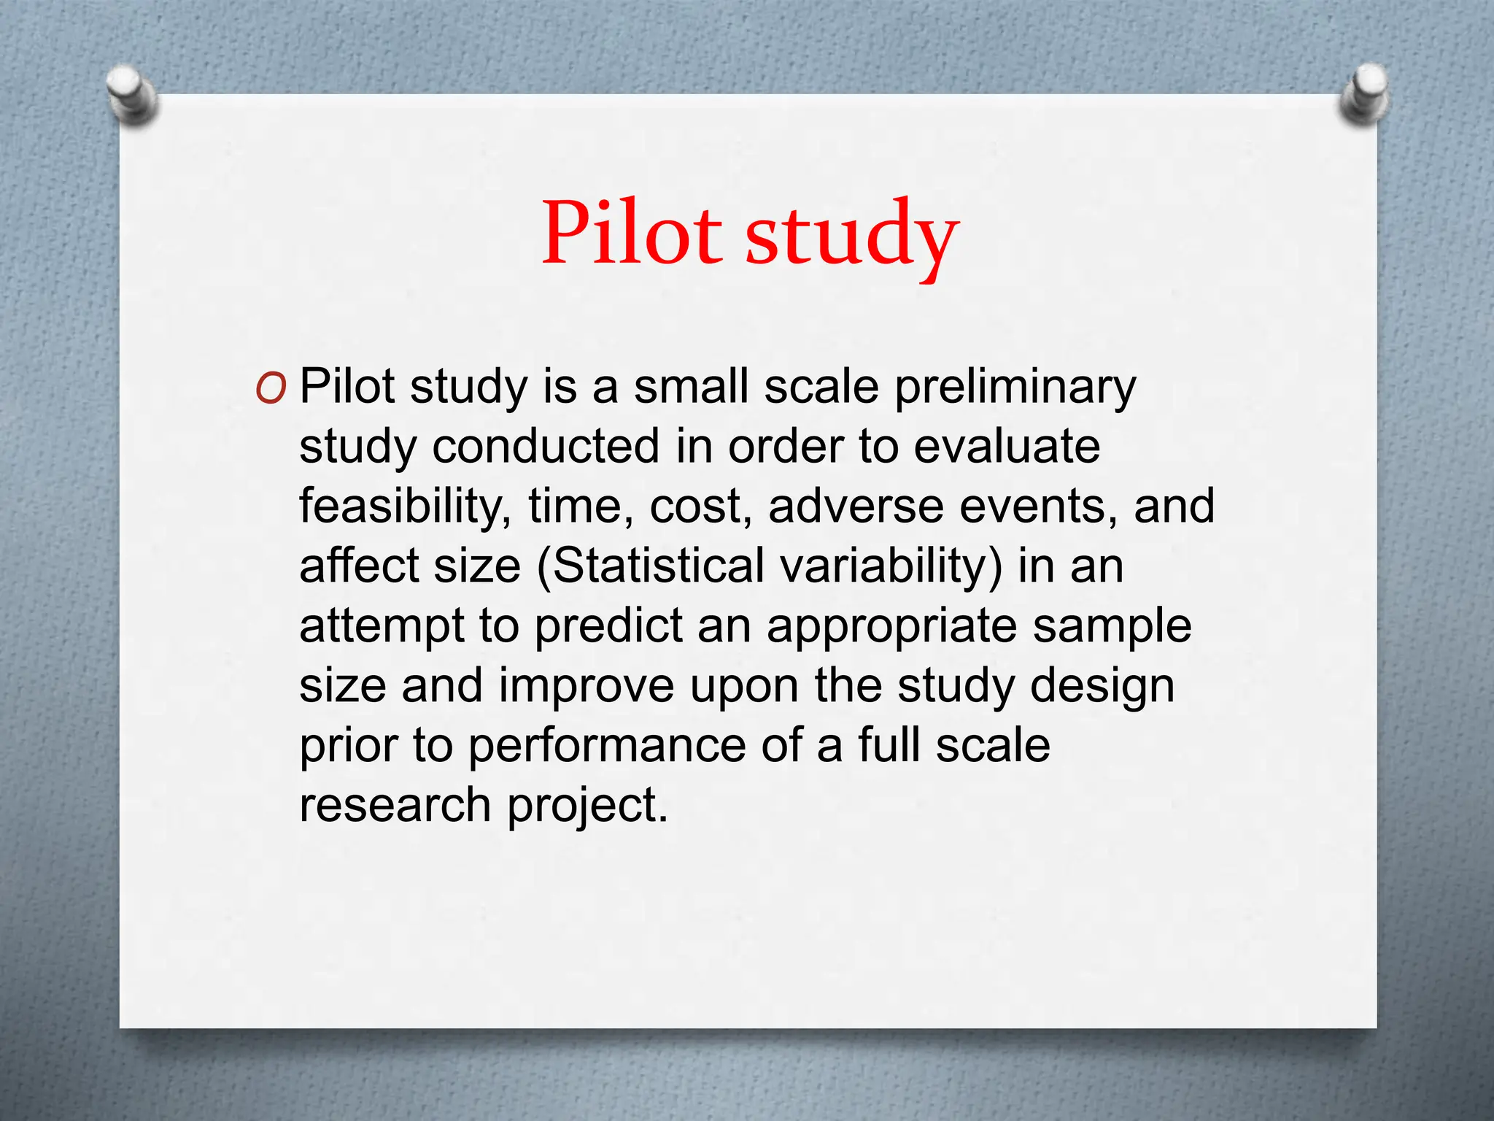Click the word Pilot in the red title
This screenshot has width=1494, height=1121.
coord(632,234)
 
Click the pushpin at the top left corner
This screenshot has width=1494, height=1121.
coord(131,95)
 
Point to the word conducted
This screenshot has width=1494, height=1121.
coord(546,446)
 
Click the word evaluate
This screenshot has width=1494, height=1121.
coord(1006,446)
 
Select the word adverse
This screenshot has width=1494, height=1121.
coord(856,506)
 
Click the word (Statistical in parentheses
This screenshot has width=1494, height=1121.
coord(649,566)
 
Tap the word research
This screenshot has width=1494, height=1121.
coord(395,806)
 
